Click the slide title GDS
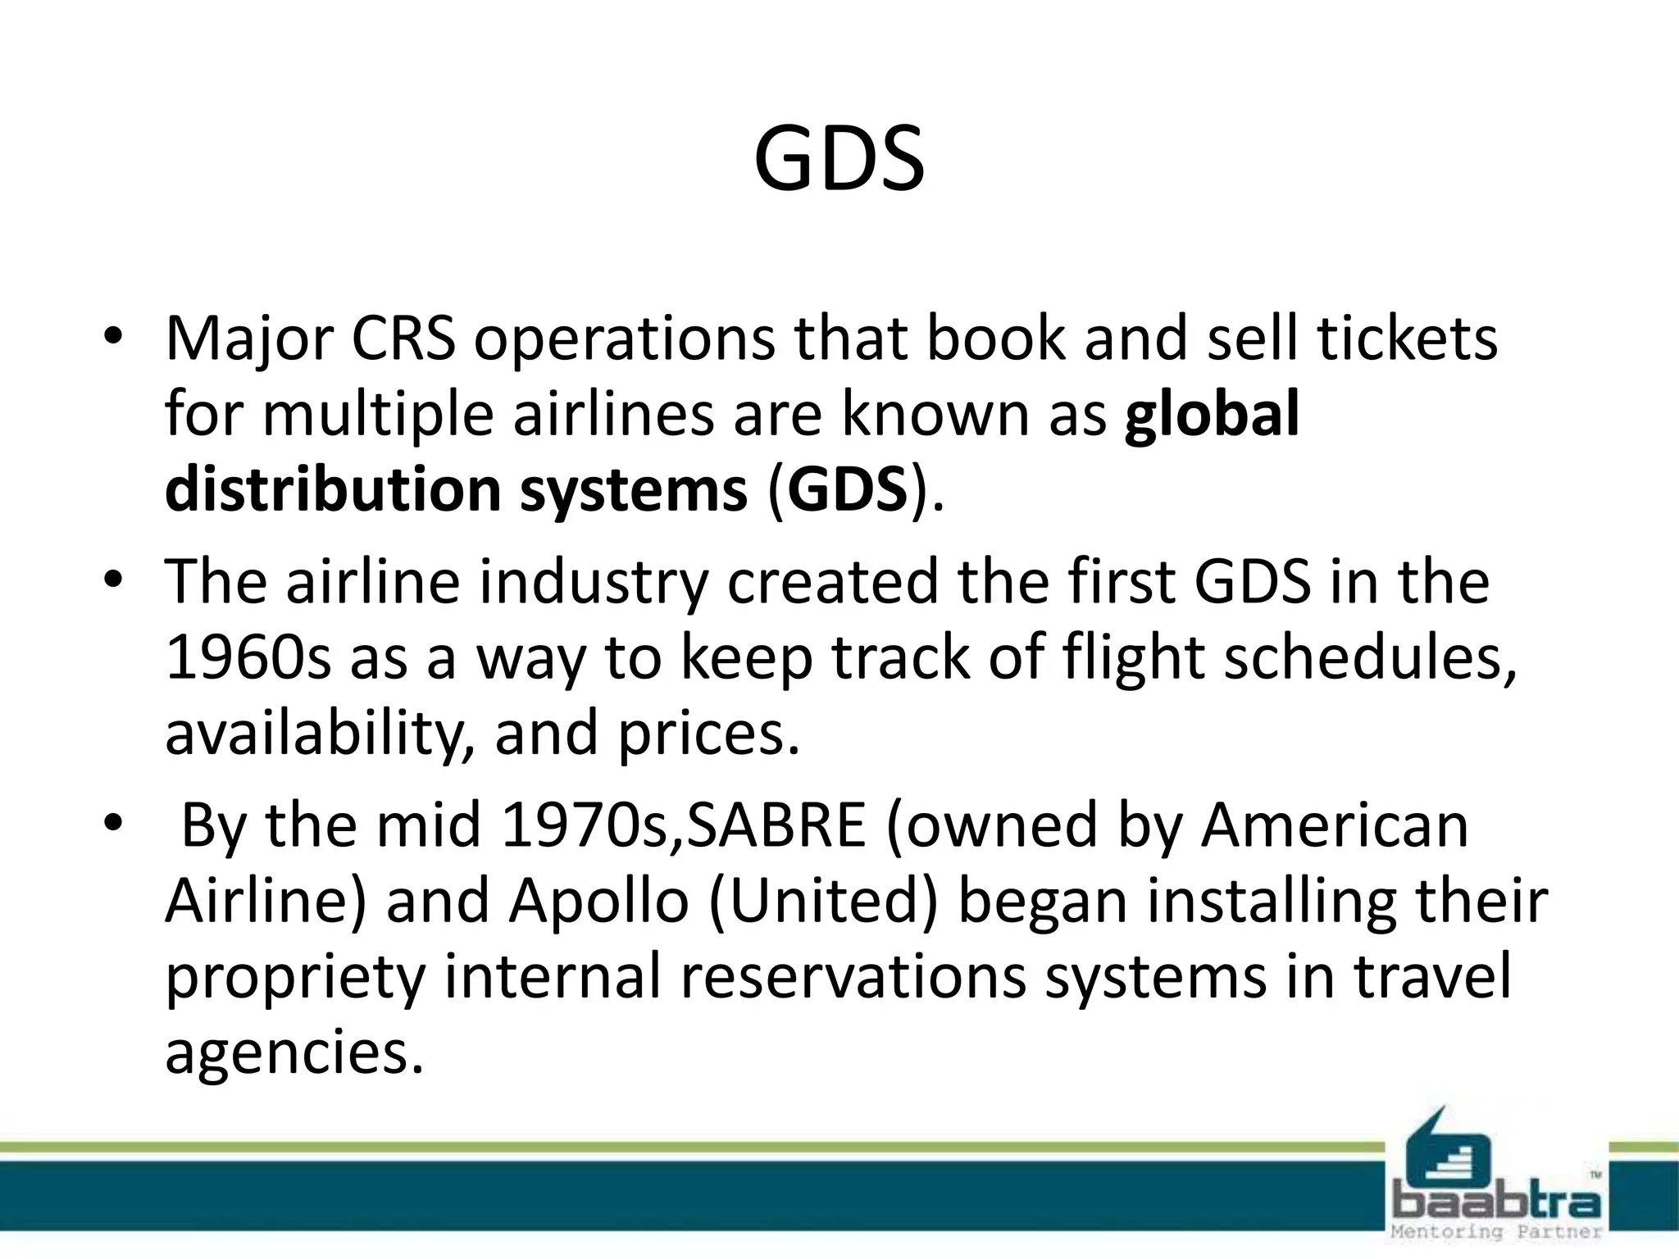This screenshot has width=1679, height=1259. (839, 159)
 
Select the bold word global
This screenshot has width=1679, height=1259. (1212, 413)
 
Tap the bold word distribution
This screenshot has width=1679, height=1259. (332, 489)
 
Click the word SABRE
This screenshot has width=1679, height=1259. (775, 825)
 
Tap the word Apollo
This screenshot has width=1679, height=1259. (598, 901)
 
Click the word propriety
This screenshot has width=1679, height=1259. (296, 977)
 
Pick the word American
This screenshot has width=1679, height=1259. (1334, 825)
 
